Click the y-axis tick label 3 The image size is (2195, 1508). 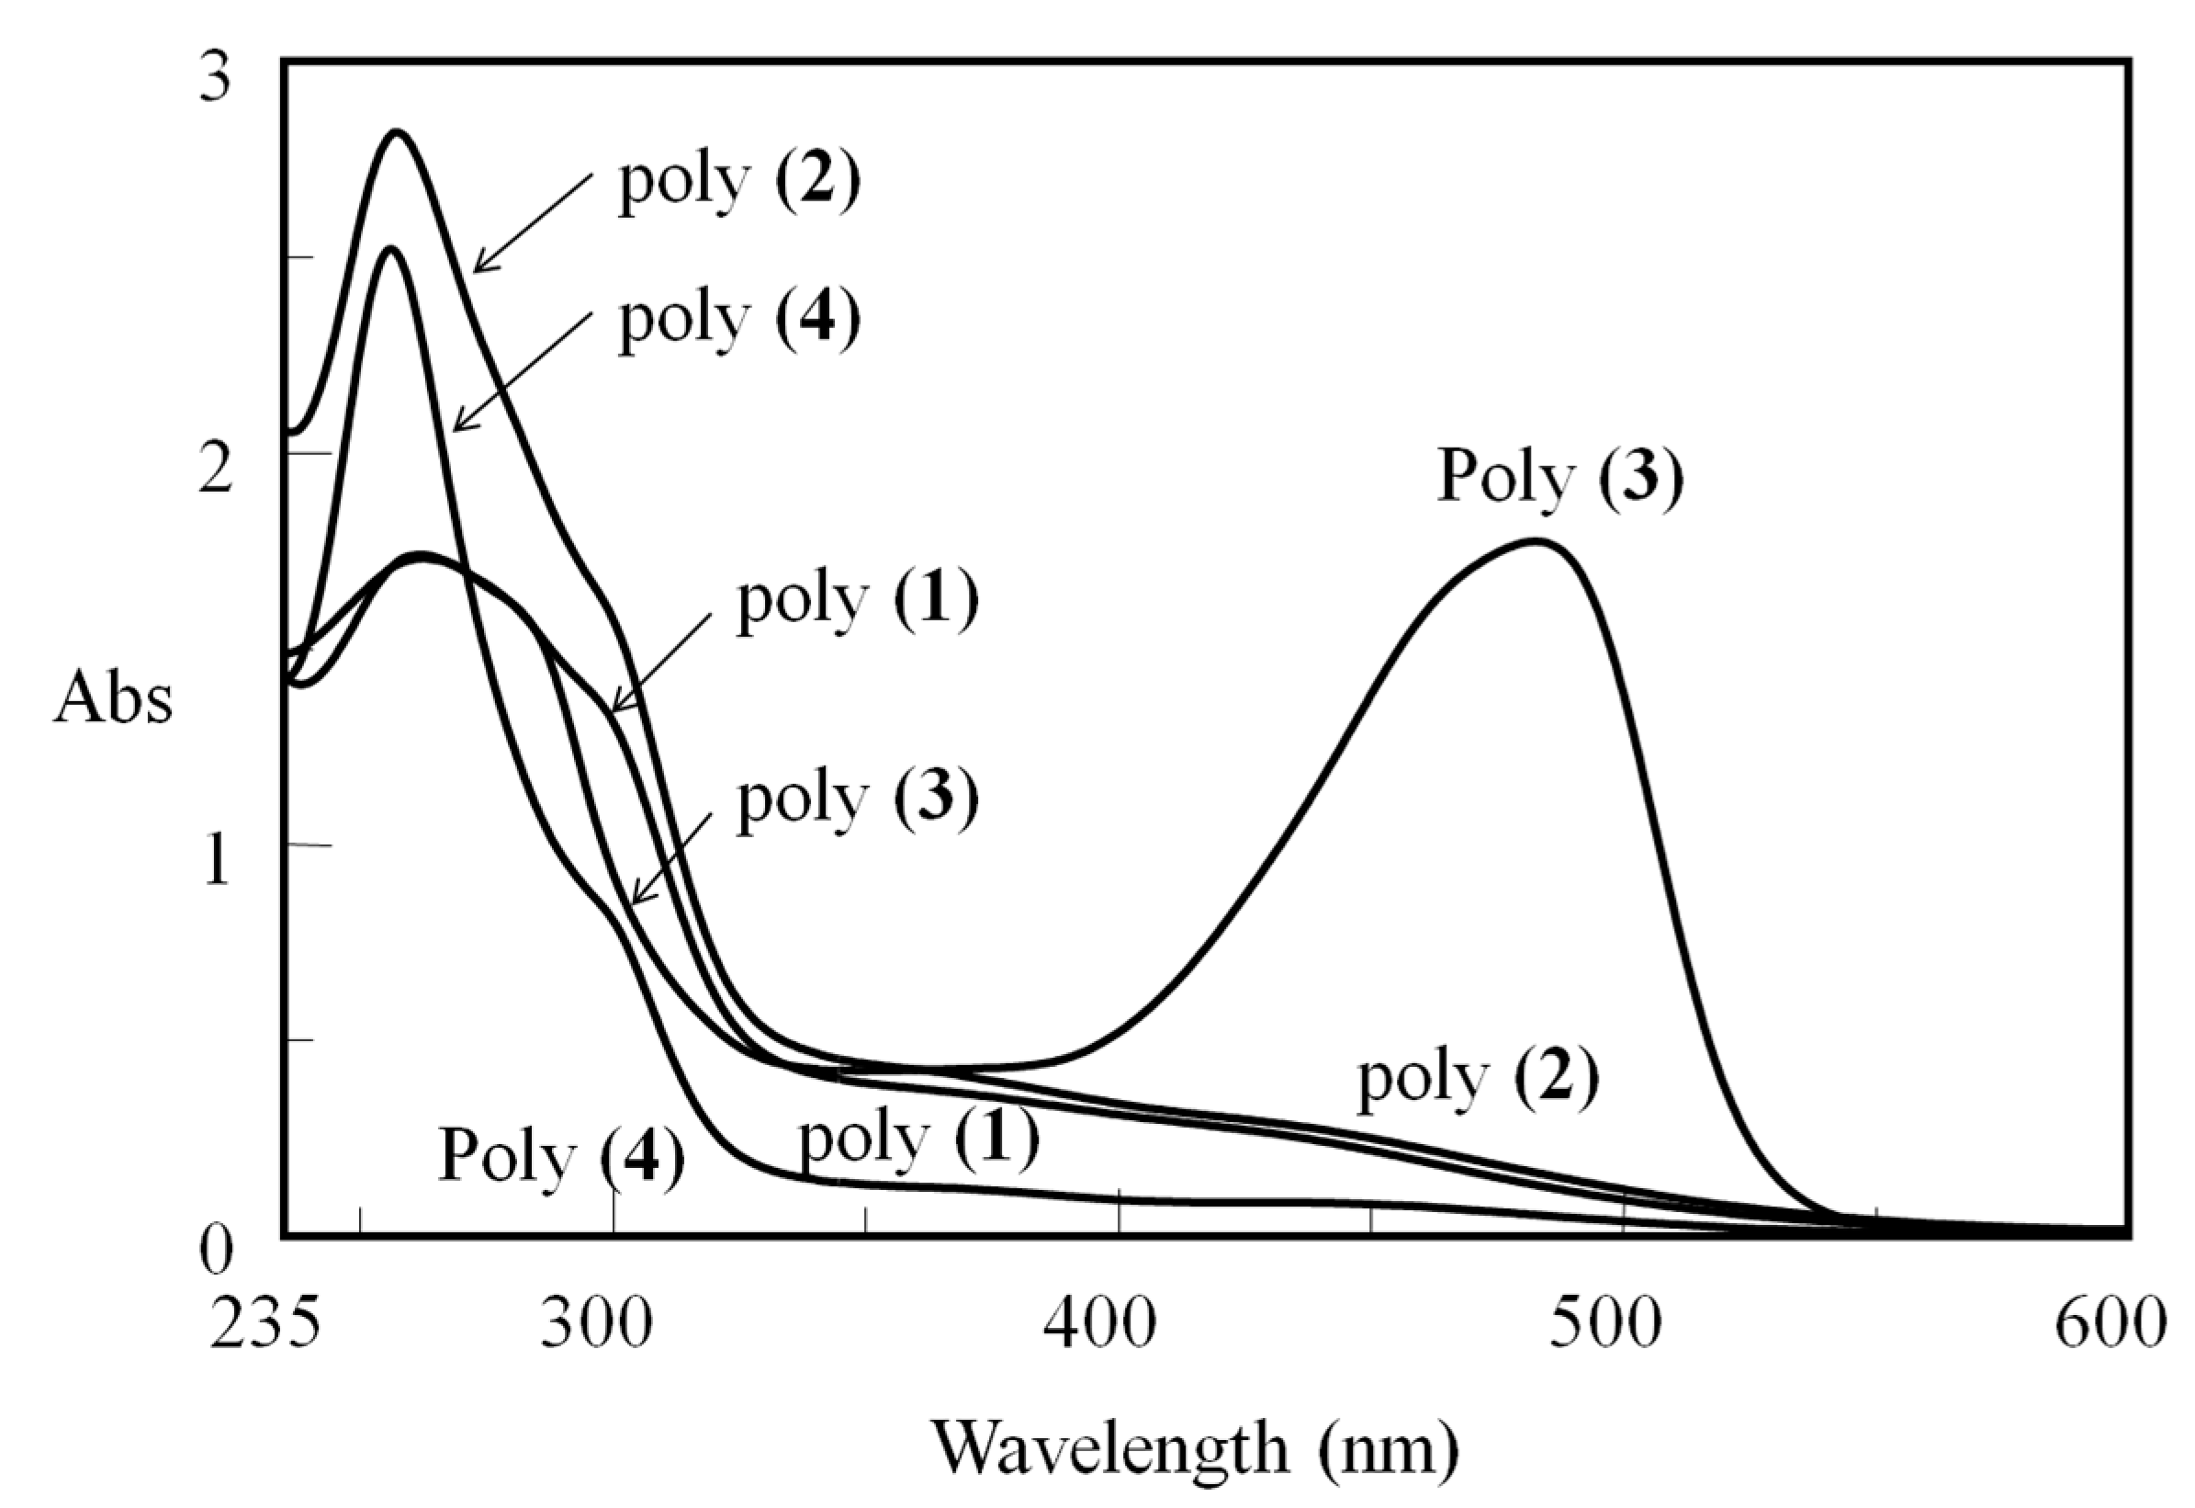(x=214, y=78)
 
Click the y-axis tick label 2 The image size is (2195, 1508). (x=214, y=471)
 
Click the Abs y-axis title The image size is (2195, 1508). (x=113, y=701)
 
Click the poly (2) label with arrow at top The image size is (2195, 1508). (x=739, y=181)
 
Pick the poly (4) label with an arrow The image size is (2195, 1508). (x=739, y=320)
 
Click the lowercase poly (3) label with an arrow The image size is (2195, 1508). (x=858, y=799)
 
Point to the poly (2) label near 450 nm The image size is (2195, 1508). (x=1478, y=1079)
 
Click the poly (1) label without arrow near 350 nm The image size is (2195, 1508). (x=918, y=1138)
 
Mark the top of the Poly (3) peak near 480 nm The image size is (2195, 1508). (x=1536, y=540)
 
